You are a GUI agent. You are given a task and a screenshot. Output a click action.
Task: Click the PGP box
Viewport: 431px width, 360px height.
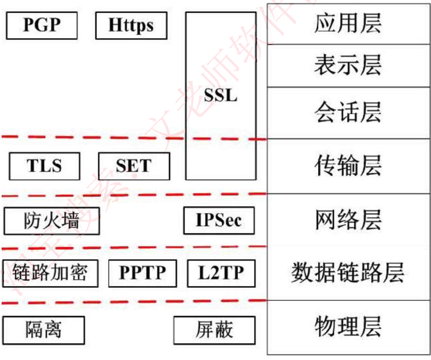click(41, 26)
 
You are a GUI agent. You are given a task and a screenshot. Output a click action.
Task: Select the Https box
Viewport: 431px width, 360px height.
click(131, 26)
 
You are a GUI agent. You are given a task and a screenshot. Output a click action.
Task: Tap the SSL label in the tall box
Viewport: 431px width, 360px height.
click(221, 95)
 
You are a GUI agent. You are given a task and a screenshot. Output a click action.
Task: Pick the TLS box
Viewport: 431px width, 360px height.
click(44, 166)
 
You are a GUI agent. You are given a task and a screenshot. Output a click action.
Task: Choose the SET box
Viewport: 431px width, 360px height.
click(134, 166)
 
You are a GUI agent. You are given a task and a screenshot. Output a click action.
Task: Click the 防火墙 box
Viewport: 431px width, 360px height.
click(51, 221)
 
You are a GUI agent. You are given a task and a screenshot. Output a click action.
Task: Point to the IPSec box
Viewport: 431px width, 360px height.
click(219, 220)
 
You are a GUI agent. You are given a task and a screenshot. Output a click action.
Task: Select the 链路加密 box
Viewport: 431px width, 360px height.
click(50, 273)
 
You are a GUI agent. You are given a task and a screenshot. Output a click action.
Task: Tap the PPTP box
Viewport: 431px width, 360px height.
click(142, 273)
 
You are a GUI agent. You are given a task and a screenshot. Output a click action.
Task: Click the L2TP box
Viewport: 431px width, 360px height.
click(221, 273)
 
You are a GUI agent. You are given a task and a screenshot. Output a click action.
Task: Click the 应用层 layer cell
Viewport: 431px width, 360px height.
click(348, 24)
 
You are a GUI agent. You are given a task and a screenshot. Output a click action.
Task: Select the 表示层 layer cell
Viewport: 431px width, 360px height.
click(348, 65)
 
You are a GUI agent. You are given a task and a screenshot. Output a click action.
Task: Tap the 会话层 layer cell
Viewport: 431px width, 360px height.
click(348, 113)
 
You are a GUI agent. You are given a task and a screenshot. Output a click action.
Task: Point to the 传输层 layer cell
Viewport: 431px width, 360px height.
click(348, 166)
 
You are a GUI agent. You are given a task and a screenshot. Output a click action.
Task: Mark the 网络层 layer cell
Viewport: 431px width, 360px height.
click(348, 220)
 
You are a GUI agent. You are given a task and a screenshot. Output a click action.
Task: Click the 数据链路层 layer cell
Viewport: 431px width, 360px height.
click(348, 273)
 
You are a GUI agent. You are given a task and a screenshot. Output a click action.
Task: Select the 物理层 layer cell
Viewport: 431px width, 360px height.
click(348, 327)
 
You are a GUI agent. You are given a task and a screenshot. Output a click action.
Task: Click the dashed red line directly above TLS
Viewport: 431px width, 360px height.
click(44, 137)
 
